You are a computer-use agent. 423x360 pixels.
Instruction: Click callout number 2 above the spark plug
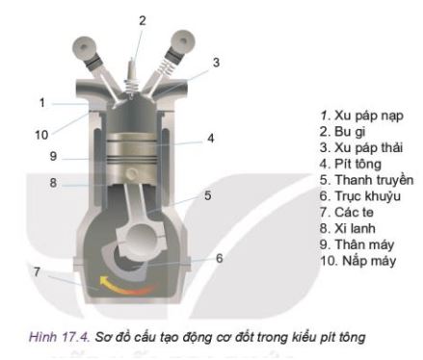(143, 20)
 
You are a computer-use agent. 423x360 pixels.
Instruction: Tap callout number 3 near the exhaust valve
(216, 63)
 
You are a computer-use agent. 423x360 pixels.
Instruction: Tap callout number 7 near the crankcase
(36, 272)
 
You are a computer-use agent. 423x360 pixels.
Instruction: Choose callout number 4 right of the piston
(210, 139)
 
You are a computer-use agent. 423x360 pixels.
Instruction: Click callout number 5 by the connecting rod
(207, 195)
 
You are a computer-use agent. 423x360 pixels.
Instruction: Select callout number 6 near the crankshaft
(220, 258)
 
